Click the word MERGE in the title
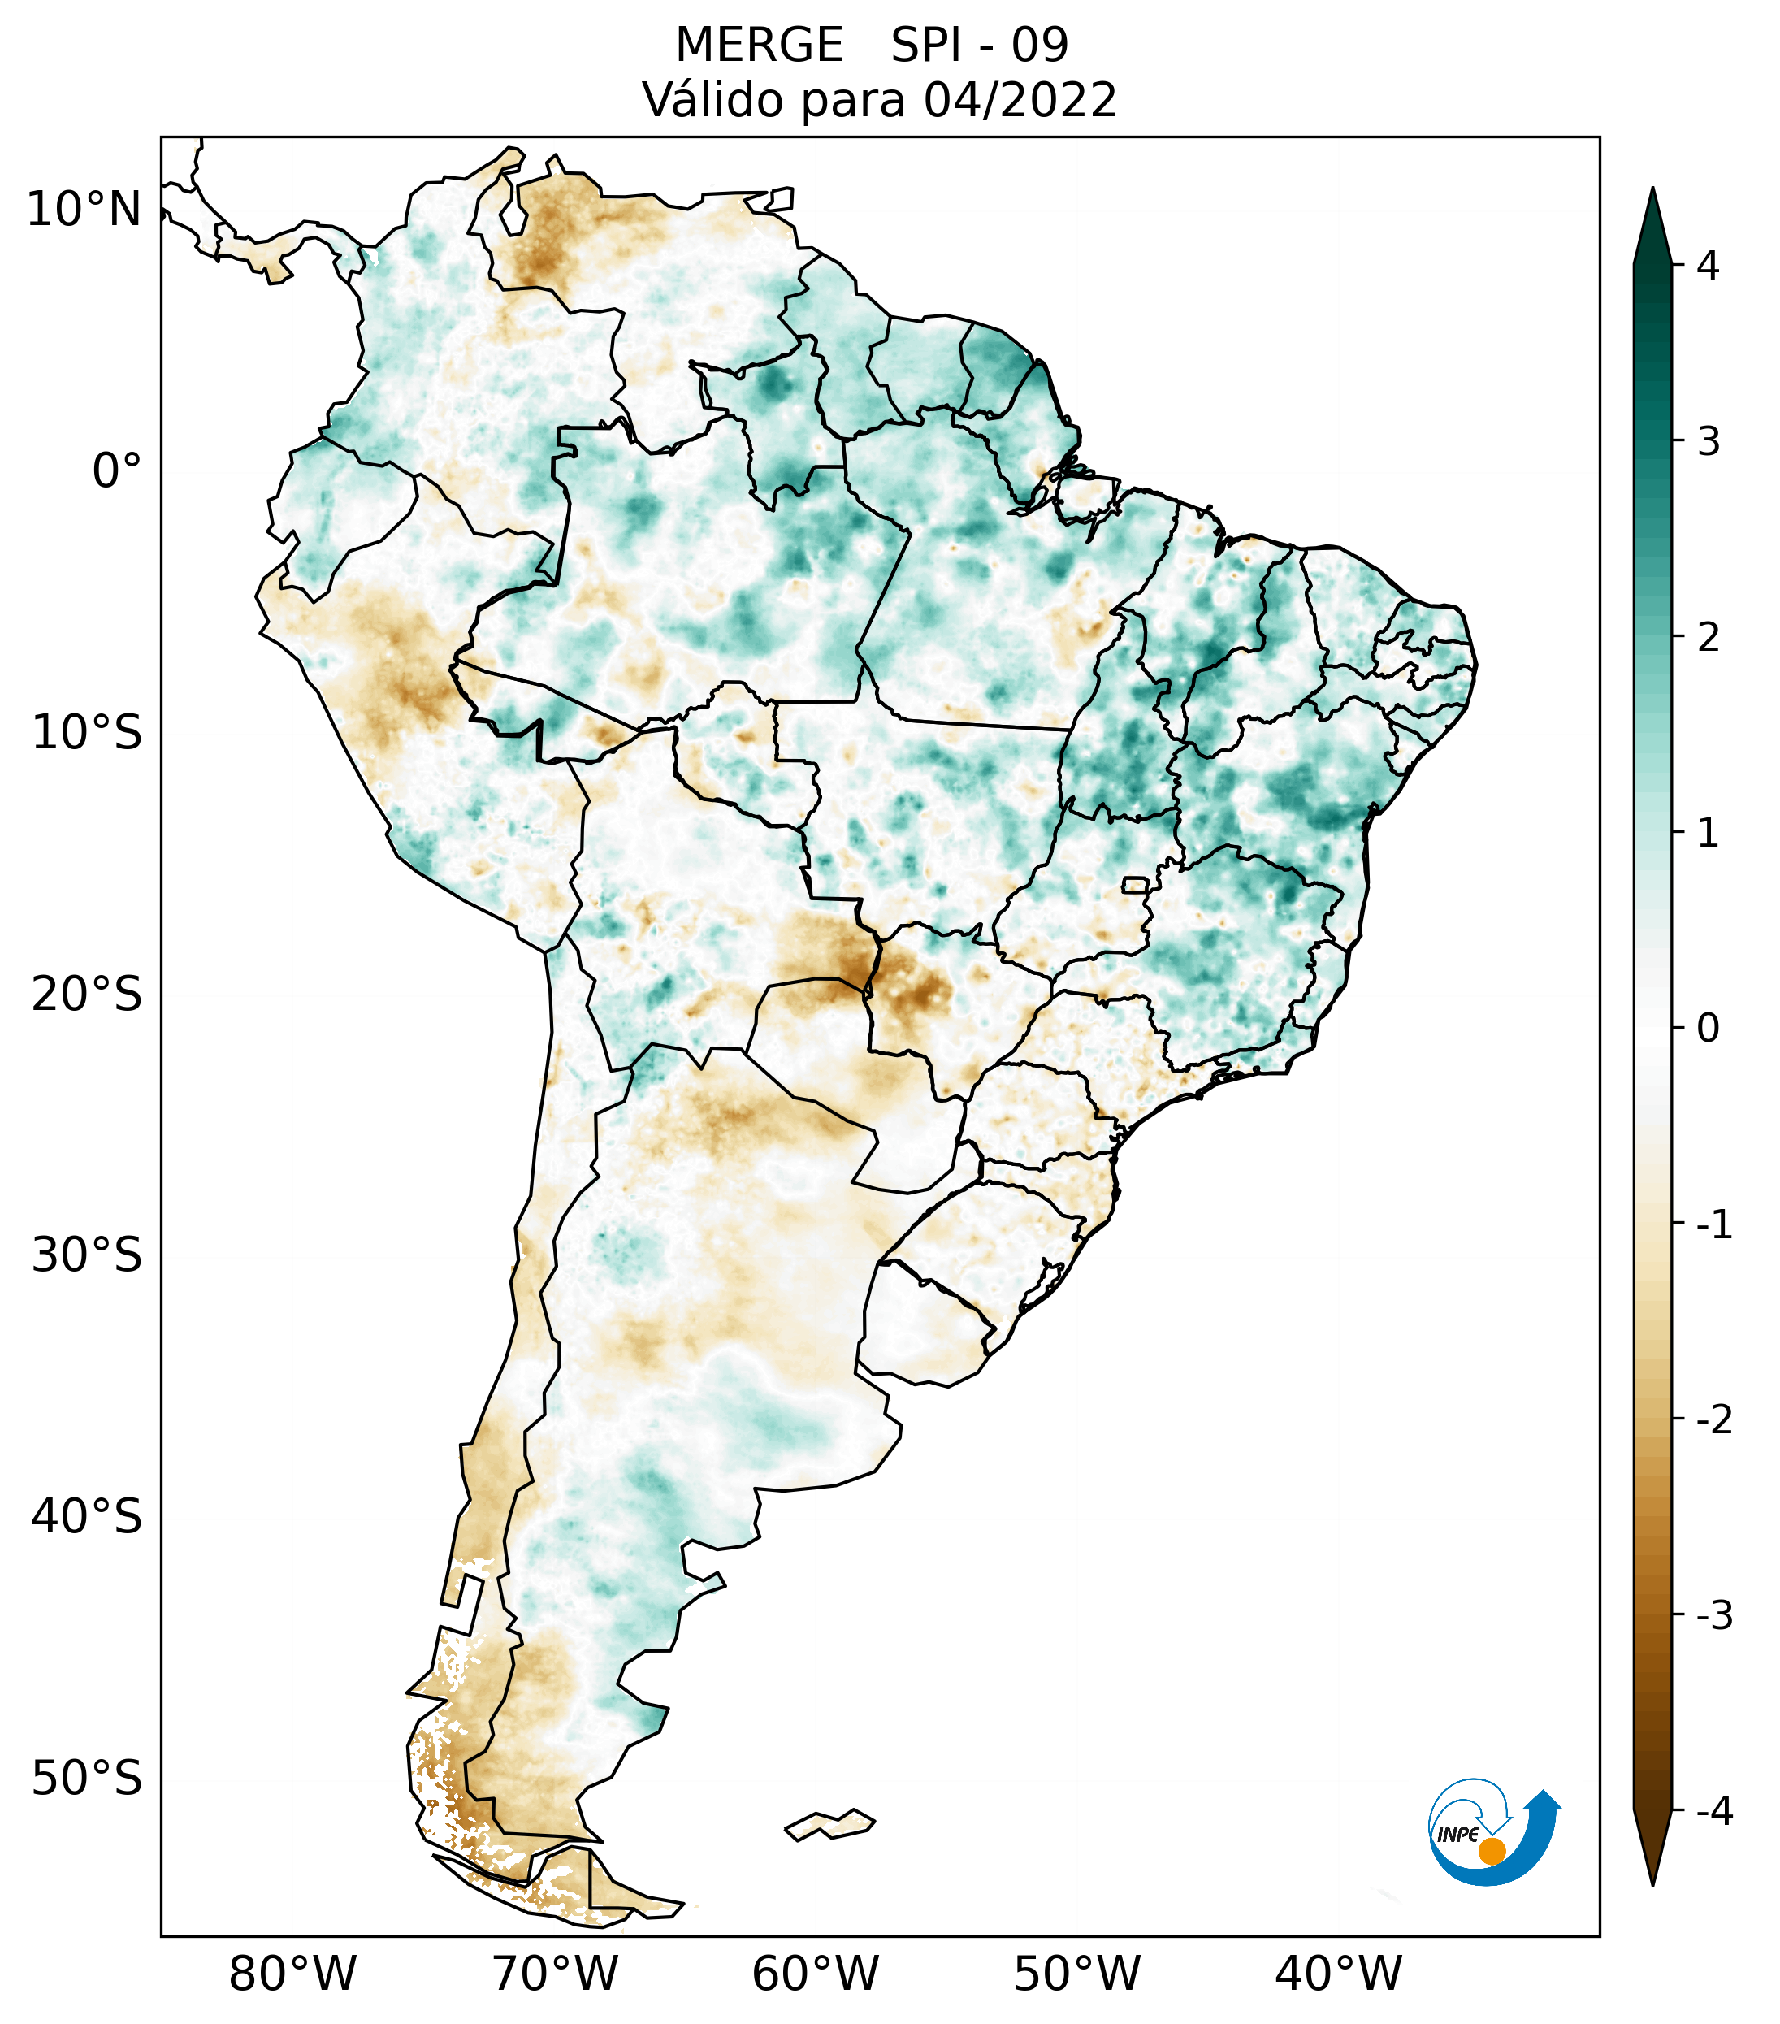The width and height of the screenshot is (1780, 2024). coord(760,46)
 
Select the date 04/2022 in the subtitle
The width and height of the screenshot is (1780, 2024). coord(1020,101)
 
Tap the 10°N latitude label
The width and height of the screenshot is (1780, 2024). coord(84,210)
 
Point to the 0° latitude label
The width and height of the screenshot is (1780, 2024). coord(117,471)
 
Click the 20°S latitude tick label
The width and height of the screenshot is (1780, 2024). coord(87,995)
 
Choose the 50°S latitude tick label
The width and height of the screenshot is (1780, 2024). coord(87,1779)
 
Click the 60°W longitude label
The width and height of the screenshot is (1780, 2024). coord(815,1974)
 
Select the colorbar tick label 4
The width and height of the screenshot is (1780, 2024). coord(1708,266)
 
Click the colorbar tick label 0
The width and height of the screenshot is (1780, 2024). coord(1708,1029)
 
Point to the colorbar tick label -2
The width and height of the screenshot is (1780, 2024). coord(1713,1420)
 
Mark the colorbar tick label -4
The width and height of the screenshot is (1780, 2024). coord(1713,1812)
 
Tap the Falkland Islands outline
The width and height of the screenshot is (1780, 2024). coord(829,1823)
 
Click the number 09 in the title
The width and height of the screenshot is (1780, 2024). coord(1040,46)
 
